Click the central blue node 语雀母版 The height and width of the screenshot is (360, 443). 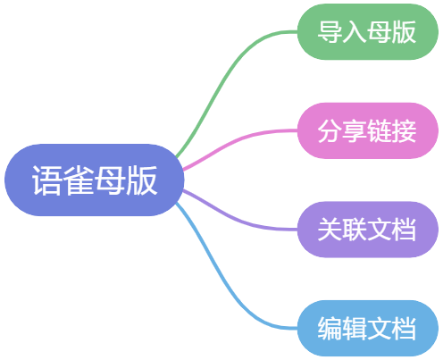pyautogui.click(x=94, y=180)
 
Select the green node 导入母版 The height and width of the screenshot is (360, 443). pyautogui.click(x=368, y=31)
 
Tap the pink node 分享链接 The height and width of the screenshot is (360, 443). pyautogui.click(x=368, y=130)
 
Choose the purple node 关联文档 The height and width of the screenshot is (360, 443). pyautogui.click(x=368, y=230)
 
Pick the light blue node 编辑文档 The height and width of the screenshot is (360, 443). pyautogui.click(x=368, y=328)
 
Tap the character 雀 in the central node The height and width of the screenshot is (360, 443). pyautogui.click(x=79, y=180)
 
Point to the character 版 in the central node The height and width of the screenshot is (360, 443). pyautogui.click(x=142, y=180)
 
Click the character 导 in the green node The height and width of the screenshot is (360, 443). pyautogui.click(x=330, y=32)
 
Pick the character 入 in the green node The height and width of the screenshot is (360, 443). pyautogui.click(x=355, y=32)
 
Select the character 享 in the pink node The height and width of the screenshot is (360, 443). pyautogui.click(x=355, y=131)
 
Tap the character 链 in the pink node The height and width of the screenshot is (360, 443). pyautogui.click(x=379, y=131)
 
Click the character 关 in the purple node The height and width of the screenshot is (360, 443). pyautogui.click(x=330, y=230)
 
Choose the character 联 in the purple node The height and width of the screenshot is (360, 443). pyautogui.click(x=355, y=230)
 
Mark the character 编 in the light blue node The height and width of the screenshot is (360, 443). pyautogui.click(x=330, y=329)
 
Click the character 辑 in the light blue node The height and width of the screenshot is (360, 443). pyautogui.click(x=355, y=329)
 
